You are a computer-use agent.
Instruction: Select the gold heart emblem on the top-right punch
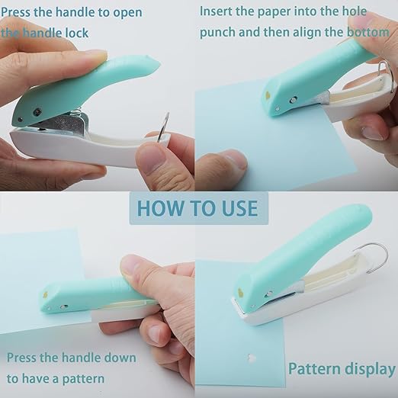(268, 98)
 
